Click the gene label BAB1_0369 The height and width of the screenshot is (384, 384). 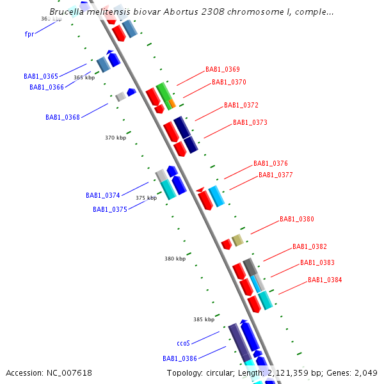pyautogui.click(x=223, y=69)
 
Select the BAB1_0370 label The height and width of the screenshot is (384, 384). pyautogui.click(x=229, y=82)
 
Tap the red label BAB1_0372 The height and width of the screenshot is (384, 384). pyautogui.click(x=241, y=105)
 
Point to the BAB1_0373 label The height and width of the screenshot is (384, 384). pyautogui.click(x=250, y=122)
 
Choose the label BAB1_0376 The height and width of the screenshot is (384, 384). pyautogui.click(x=271, y=163)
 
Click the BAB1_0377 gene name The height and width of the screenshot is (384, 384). pyautogui.click(x=276, y=175)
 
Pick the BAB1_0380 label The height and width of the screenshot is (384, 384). pyautogui.click(x=297, y=219)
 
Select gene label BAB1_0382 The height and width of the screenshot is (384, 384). pyautogui.click(x=310, y=246)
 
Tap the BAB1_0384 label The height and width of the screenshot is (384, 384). pyautogui.click(x=325, y=280)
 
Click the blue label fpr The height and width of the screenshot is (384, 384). pyautogui.click(x=29, y=34)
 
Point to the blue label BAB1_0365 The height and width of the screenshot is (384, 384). pyautogui.click(x=41, y=76)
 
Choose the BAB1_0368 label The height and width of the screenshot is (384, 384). pyautogui.click(x=63, y=117)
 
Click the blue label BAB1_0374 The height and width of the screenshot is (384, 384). pyautogui.click(x=103, y=195)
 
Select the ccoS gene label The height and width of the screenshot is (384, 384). pyautogui.click(x=183, y=343)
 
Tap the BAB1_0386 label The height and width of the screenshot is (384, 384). pyautogui.click(x=180, y=358)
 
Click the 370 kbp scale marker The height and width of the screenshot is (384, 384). pyautogui.click(x=115, y=138)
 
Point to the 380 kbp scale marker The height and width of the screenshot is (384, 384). pyautogui.click(x=175, y=259)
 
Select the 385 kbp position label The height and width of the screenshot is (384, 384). pyautogui.click(x=204, y=319)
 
